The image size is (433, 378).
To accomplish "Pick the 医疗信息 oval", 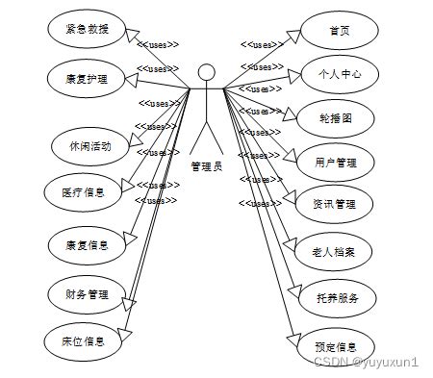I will [83, 192].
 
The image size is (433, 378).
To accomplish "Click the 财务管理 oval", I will [85, 293].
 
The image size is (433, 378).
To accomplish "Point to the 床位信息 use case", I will [85, 340].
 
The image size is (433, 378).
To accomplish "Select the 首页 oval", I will [338, 30].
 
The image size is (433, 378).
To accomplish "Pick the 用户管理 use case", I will [336, 162].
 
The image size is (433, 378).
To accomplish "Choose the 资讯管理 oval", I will [334, 204].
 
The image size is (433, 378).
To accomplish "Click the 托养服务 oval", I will [336, 298].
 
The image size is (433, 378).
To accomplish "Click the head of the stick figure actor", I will [205, 72].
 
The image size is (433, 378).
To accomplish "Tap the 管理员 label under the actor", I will [206, 166].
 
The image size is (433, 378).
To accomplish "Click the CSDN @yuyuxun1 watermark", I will [366, 362].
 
